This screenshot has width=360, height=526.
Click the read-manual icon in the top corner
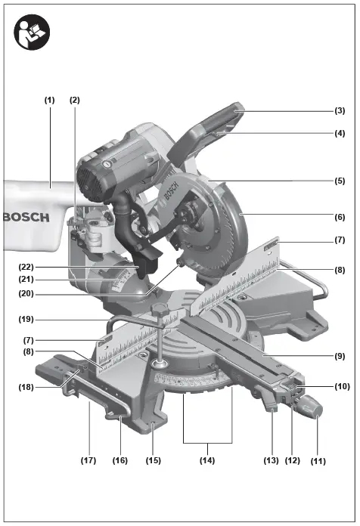[32, 32]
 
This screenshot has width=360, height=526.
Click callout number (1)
[50, 100]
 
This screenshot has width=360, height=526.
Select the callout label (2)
[74, 100]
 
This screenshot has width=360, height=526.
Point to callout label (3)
[340, 110]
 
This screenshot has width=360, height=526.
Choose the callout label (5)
[340, 181]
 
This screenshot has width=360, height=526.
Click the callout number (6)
[340, 215]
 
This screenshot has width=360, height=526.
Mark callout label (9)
[340, 356]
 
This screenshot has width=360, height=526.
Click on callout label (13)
[272, 459]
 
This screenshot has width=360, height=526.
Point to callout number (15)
[154, 459]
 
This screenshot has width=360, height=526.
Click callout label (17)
[88, 459]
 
